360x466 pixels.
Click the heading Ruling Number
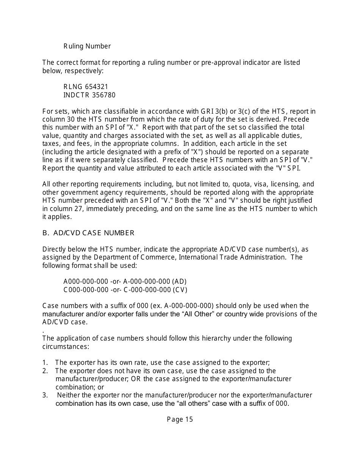[87, 46]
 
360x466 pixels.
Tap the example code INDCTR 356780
[89, 95]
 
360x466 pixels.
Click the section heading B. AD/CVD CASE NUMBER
[88, 233]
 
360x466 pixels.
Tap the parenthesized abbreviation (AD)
[179, 281]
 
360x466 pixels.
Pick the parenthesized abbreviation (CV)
[180, 290]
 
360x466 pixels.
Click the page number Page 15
[180, 419]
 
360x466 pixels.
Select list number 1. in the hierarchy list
[45, 362]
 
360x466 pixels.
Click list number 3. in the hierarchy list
[45, 395]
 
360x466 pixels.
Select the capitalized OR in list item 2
[136, 379]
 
